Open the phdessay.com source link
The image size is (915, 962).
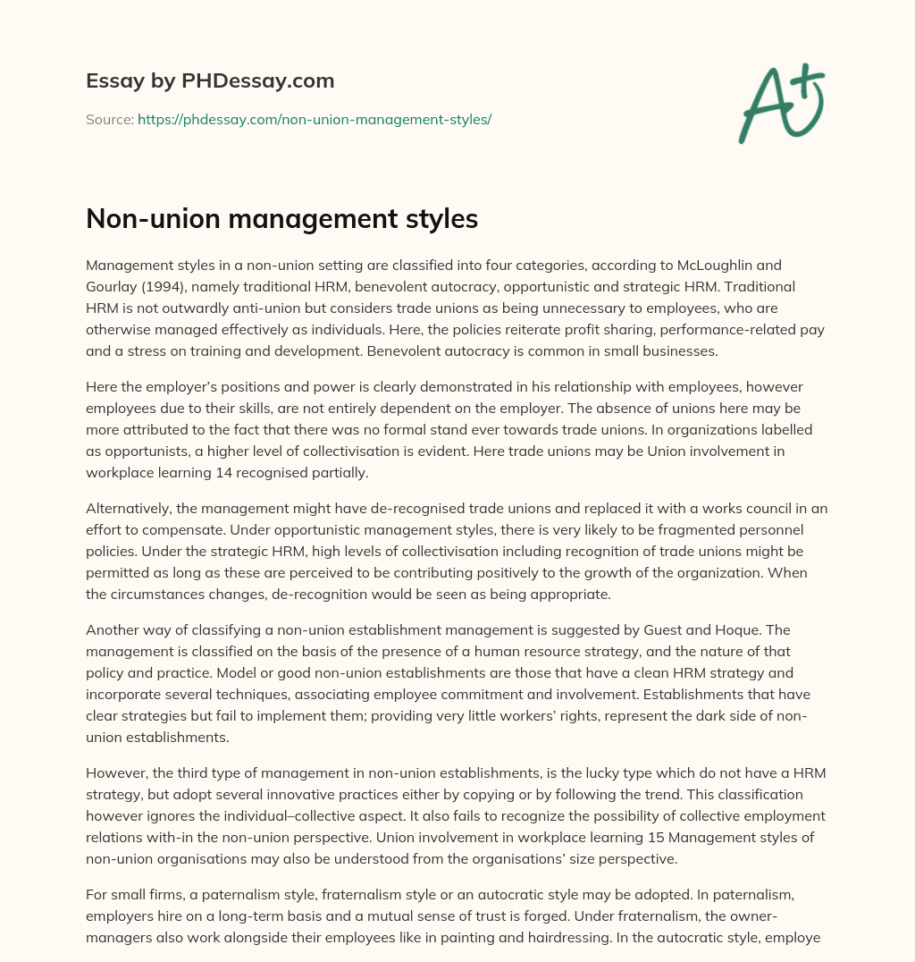tap(315, 119)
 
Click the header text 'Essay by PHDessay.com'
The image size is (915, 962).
tap(210, 81)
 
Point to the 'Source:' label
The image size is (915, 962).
tap(109, 119)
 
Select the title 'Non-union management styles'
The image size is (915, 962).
tap(281, 219)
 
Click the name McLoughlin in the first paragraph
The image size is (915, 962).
tap(706, 266)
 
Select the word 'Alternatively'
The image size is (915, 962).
tap(129, 509)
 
